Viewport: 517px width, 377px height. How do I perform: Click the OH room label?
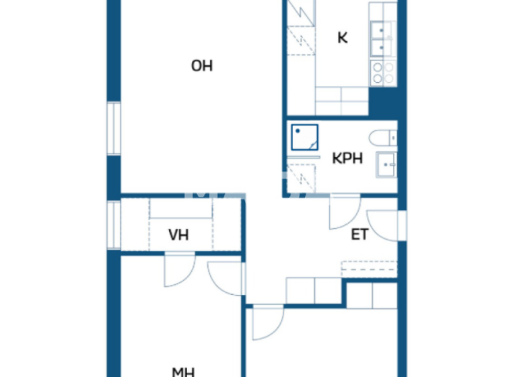click(x=202, y=65)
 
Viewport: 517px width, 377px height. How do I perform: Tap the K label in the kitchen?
click(x=342, y=38)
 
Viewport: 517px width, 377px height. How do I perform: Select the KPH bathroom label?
click(x=347, y=159)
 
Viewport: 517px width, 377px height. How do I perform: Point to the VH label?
click(x=178, y=235)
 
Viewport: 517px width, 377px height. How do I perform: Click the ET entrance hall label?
click(x=359, y=234)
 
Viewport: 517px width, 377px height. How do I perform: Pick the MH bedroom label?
click(x=183, y=371)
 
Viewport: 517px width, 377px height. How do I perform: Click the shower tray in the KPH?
click(x=304, y=137)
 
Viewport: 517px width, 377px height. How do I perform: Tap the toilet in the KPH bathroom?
click(x=388, y=137)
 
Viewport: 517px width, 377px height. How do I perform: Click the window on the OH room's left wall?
click(x=114, y=128)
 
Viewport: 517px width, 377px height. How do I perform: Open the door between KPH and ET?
click(x=343, y=211)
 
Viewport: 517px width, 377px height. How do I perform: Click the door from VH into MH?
click(x=179, y=269)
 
